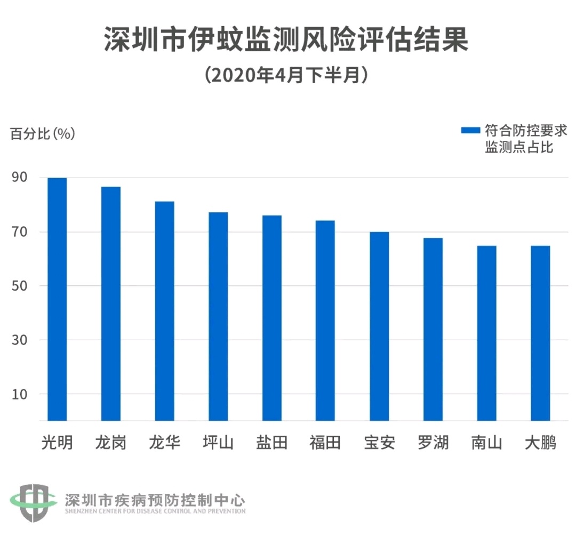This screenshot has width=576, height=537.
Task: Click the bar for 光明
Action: [57, 299]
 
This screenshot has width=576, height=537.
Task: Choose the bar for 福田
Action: [325, 320]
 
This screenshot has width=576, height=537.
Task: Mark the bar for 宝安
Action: [379, 326]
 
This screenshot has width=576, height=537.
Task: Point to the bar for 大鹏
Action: [540, 333]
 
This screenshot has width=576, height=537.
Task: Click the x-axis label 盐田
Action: [271, 443]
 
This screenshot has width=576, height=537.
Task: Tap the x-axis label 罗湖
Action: [433, 443]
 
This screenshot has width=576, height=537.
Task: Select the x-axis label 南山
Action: [486, 443]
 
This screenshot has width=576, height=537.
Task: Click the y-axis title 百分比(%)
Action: [43, 133]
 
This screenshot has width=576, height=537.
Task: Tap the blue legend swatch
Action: [471, 130]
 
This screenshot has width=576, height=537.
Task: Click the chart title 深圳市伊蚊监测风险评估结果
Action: [286, 39]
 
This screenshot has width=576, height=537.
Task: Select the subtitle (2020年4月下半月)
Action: [286, 75]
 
